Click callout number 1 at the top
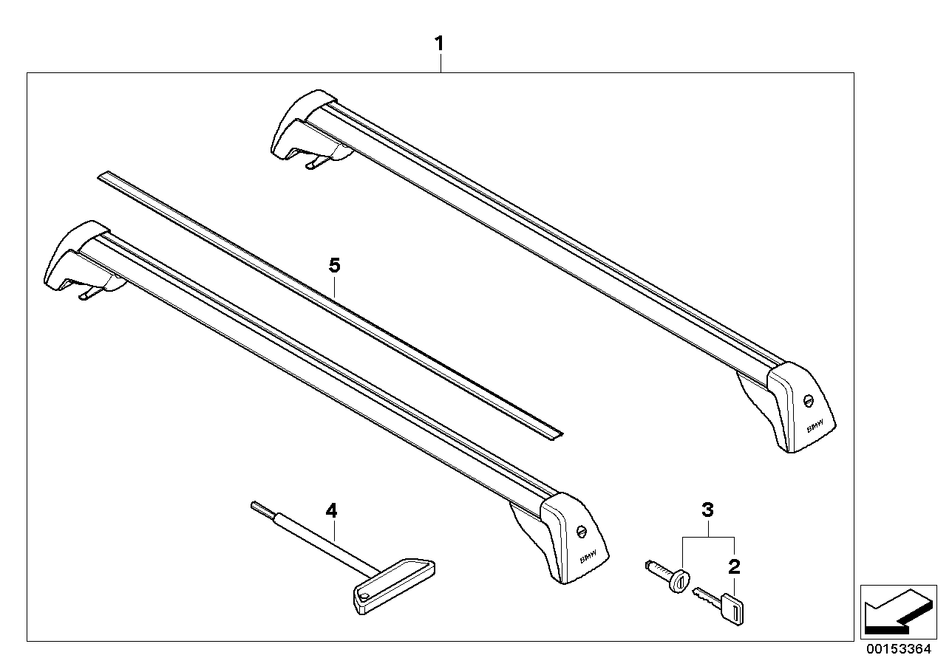[439, 44]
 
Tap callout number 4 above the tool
[331, 510]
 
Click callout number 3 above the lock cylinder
[707, 510]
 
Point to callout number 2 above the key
[733, 567]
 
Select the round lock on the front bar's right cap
[581, 531]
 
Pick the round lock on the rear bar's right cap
[807, 400]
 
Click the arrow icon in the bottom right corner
[895, 609]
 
